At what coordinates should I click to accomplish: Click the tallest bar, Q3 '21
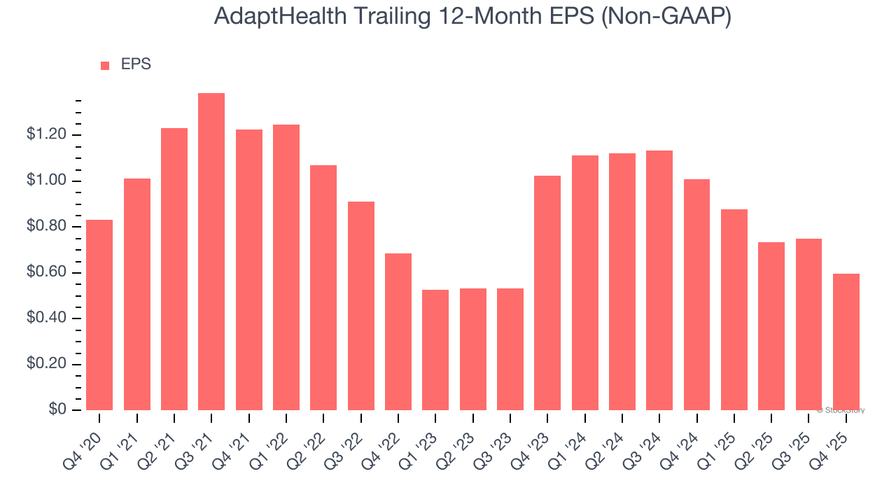211,252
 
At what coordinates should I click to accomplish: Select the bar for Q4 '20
99,315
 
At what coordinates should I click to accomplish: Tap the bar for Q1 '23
435,350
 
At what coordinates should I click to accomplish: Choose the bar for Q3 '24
659,280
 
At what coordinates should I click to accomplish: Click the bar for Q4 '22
398,332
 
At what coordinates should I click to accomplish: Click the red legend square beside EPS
105,66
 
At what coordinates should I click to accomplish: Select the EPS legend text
136,64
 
